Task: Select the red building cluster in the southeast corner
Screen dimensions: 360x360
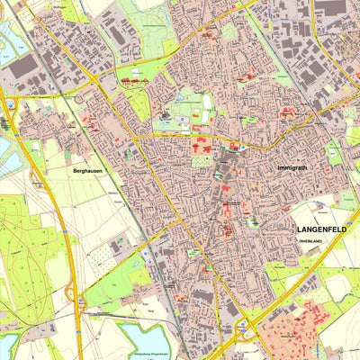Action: (x=306, y=324)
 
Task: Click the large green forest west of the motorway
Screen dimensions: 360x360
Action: (x=22, y=243)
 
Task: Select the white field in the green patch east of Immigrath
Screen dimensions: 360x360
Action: (x=335, y=155)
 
